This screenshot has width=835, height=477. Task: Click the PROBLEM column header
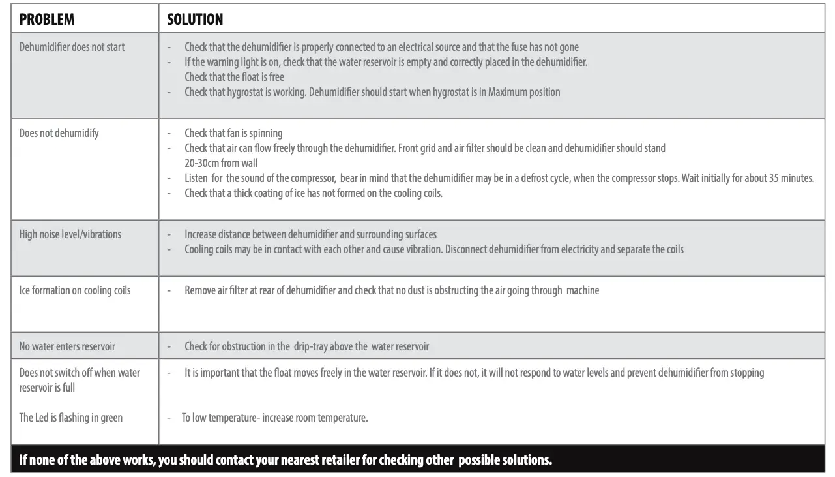(47, 20)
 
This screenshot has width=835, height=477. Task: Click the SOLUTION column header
(195, 20)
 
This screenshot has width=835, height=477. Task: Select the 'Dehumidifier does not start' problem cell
(72, 47)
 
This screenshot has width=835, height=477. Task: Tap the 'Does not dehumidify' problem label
(59, 133)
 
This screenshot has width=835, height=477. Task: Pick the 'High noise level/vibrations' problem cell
(70, 234)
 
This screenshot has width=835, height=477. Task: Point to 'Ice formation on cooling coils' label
(74, 290)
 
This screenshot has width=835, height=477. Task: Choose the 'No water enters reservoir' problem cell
(67, 346)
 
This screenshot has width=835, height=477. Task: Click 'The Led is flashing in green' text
(70, 418)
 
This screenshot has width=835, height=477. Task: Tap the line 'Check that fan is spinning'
(233, 133)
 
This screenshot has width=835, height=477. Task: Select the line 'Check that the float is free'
(234, 77)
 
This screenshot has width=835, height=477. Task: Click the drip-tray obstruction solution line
(306, 346)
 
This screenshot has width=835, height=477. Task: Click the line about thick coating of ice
(313, 193)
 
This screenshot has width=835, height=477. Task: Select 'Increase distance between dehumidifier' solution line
(310, 234)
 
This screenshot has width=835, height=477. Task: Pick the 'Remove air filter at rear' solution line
(391, 290)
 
